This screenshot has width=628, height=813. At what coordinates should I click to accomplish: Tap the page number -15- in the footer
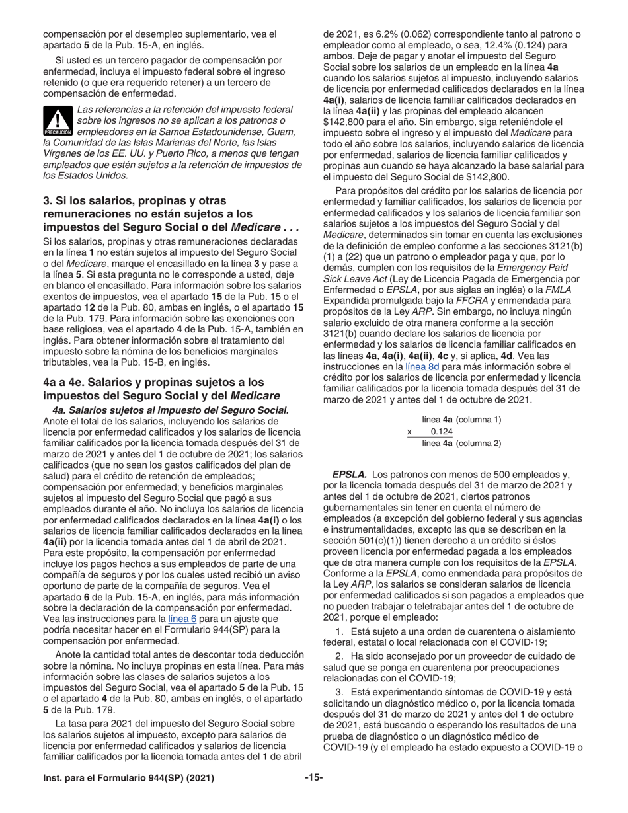coord(314,778)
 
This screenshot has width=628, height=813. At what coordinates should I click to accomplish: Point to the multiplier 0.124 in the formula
coord(441,432)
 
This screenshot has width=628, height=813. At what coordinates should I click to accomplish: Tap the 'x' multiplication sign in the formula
coord(409,432)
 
